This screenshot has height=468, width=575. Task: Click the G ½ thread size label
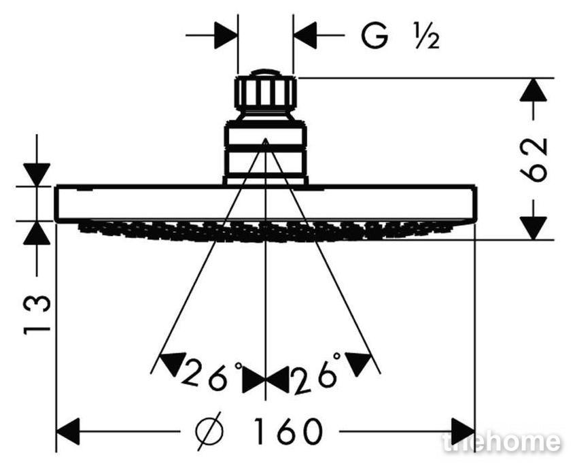coord(400,36)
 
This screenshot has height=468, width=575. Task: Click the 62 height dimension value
coord(534,160)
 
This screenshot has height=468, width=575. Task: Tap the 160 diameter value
coord(287,431)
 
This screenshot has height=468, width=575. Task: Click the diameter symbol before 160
coord(209,431)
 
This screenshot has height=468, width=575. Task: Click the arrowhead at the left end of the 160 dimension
coord(68,431)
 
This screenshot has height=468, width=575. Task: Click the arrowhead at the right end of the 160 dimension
coord(463,431)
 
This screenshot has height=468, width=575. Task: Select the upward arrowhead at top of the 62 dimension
coord(533,89)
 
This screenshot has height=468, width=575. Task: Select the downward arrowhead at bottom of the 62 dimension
coord(533,229)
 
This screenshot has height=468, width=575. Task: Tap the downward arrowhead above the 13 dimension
coord(37,175)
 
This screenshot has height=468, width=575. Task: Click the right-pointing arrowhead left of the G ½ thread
coord(226,35)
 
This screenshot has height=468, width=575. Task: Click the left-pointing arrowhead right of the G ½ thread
coord(305,35)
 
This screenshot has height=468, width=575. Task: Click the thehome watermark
coord(502,442)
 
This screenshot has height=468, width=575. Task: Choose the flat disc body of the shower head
coord(266,203)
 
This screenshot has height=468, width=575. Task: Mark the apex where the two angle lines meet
coord(266,139)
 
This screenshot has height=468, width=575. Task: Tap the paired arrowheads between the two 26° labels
coord(266,380)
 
